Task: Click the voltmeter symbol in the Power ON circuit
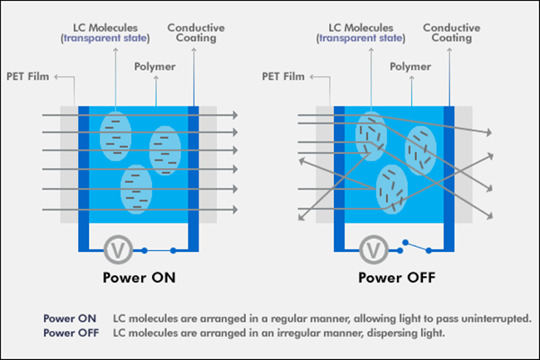[x=118, y=249]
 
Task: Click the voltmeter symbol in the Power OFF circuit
[x=374, y=249]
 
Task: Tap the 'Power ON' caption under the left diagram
[x=139, y=278]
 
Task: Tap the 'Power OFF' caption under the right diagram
[x=397, y=278]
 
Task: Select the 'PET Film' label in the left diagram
[x=28, y=76]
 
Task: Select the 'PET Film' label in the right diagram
[x=283, y=76]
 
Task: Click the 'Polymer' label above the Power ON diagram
[x=155, y=67]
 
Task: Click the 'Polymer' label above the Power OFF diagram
[x=410, y=67]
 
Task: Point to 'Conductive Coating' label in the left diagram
[x=196, y=32]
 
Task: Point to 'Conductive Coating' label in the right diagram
[x=451, y=32]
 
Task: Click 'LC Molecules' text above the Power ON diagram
[x=105, y=28]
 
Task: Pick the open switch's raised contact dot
[x=405, y=243]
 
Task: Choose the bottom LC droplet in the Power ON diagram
[x=136, y=189]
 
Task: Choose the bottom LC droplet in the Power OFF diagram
[x=392, y=189]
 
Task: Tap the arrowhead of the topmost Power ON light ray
[x=236, y=115]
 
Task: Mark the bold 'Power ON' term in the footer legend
[x=70, y=318]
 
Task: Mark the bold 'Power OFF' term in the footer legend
[x=71, y=333]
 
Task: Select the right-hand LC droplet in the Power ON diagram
[x=165, y=150]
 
